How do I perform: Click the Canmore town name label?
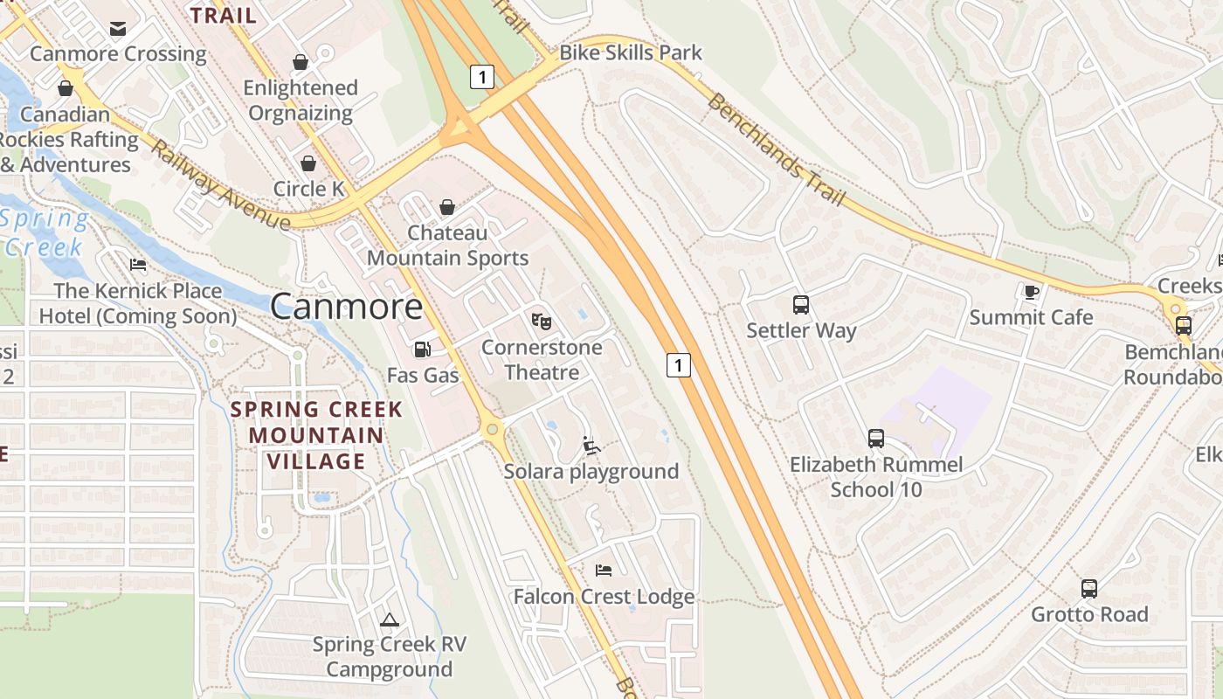(x=346, y=306)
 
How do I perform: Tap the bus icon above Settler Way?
(x=800, y=305)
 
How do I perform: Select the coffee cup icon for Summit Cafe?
(x=1031, y=292)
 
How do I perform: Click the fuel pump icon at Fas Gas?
(x=422, y=349)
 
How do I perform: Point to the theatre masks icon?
(x=542, y=322)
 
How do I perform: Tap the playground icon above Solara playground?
(x=591, y=446)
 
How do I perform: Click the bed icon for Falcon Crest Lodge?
(x=603, y=571)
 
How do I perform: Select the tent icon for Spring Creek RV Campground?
(x=389, y=619)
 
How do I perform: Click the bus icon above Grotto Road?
(x=1088, y=589)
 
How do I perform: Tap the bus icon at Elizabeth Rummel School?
(x=875, y=439)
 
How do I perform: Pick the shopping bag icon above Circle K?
(x=308, y=163)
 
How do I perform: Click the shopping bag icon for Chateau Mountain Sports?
(x=447, y=207)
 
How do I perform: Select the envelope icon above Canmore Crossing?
(x=118, y=29)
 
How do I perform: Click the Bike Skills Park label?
(x=630, y=52)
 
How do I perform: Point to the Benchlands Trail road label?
(x=776, y=149)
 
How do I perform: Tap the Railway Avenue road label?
(x=220, y=185)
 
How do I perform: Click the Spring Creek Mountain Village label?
(x=316, y=435)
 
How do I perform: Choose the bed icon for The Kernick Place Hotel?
(x=137, y=265)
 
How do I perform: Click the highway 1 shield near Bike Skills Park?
(x=481, y=77)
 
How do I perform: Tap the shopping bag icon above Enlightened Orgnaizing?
(x=301, y=62)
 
